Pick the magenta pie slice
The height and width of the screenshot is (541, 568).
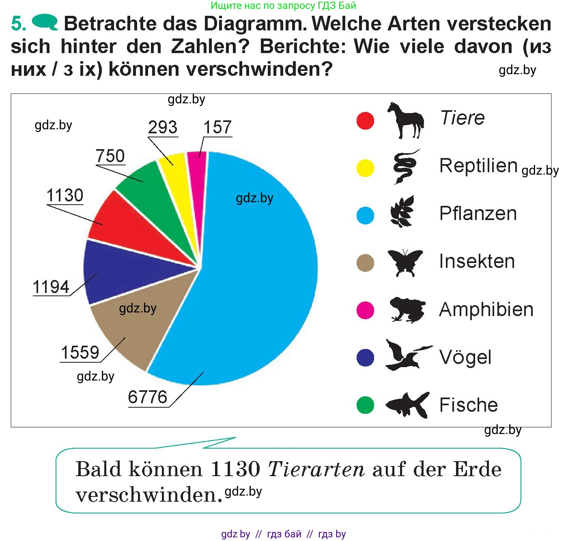pos(197,162)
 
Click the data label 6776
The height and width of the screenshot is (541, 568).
pos(147,397)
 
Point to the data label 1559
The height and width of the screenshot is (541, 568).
pos(80,353)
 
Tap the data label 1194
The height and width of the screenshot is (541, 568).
pos(51,287)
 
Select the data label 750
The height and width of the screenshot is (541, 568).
pos(110,156)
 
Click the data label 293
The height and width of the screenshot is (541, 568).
pos(163,128)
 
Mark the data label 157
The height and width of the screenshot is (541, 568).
pos(217,127)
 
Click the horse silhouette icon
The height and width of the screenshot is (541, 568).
pos(405,120)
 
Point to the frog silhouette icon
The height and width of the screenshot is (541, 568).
pos(407,310)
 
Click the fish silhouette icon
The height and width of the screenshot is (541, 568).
pos(407,404)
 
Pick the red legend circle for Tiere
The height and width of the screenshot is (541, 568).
pos(365,120)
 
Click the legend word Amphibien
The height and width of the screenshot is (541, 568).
pos(486,310)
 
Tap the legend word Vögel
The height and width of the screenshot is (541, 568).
pos(465,357)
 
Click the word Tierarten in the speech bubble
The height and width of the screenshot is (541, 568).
pos(316,470)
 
